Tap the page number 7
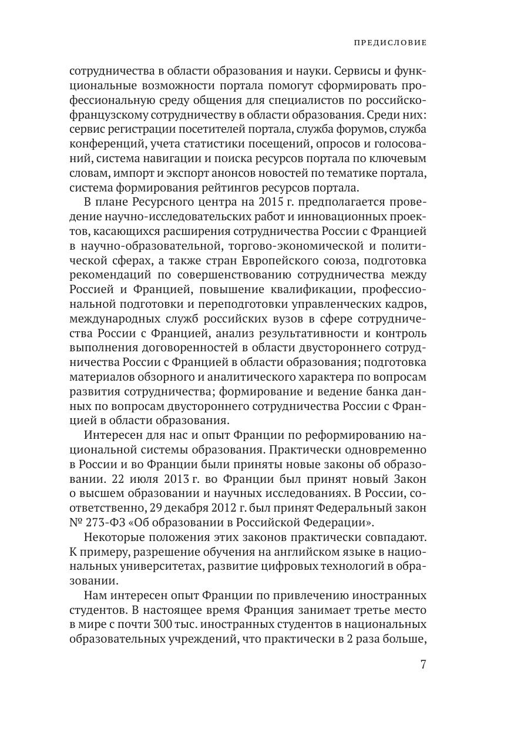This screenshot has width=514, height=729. [x=423, y=664]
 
